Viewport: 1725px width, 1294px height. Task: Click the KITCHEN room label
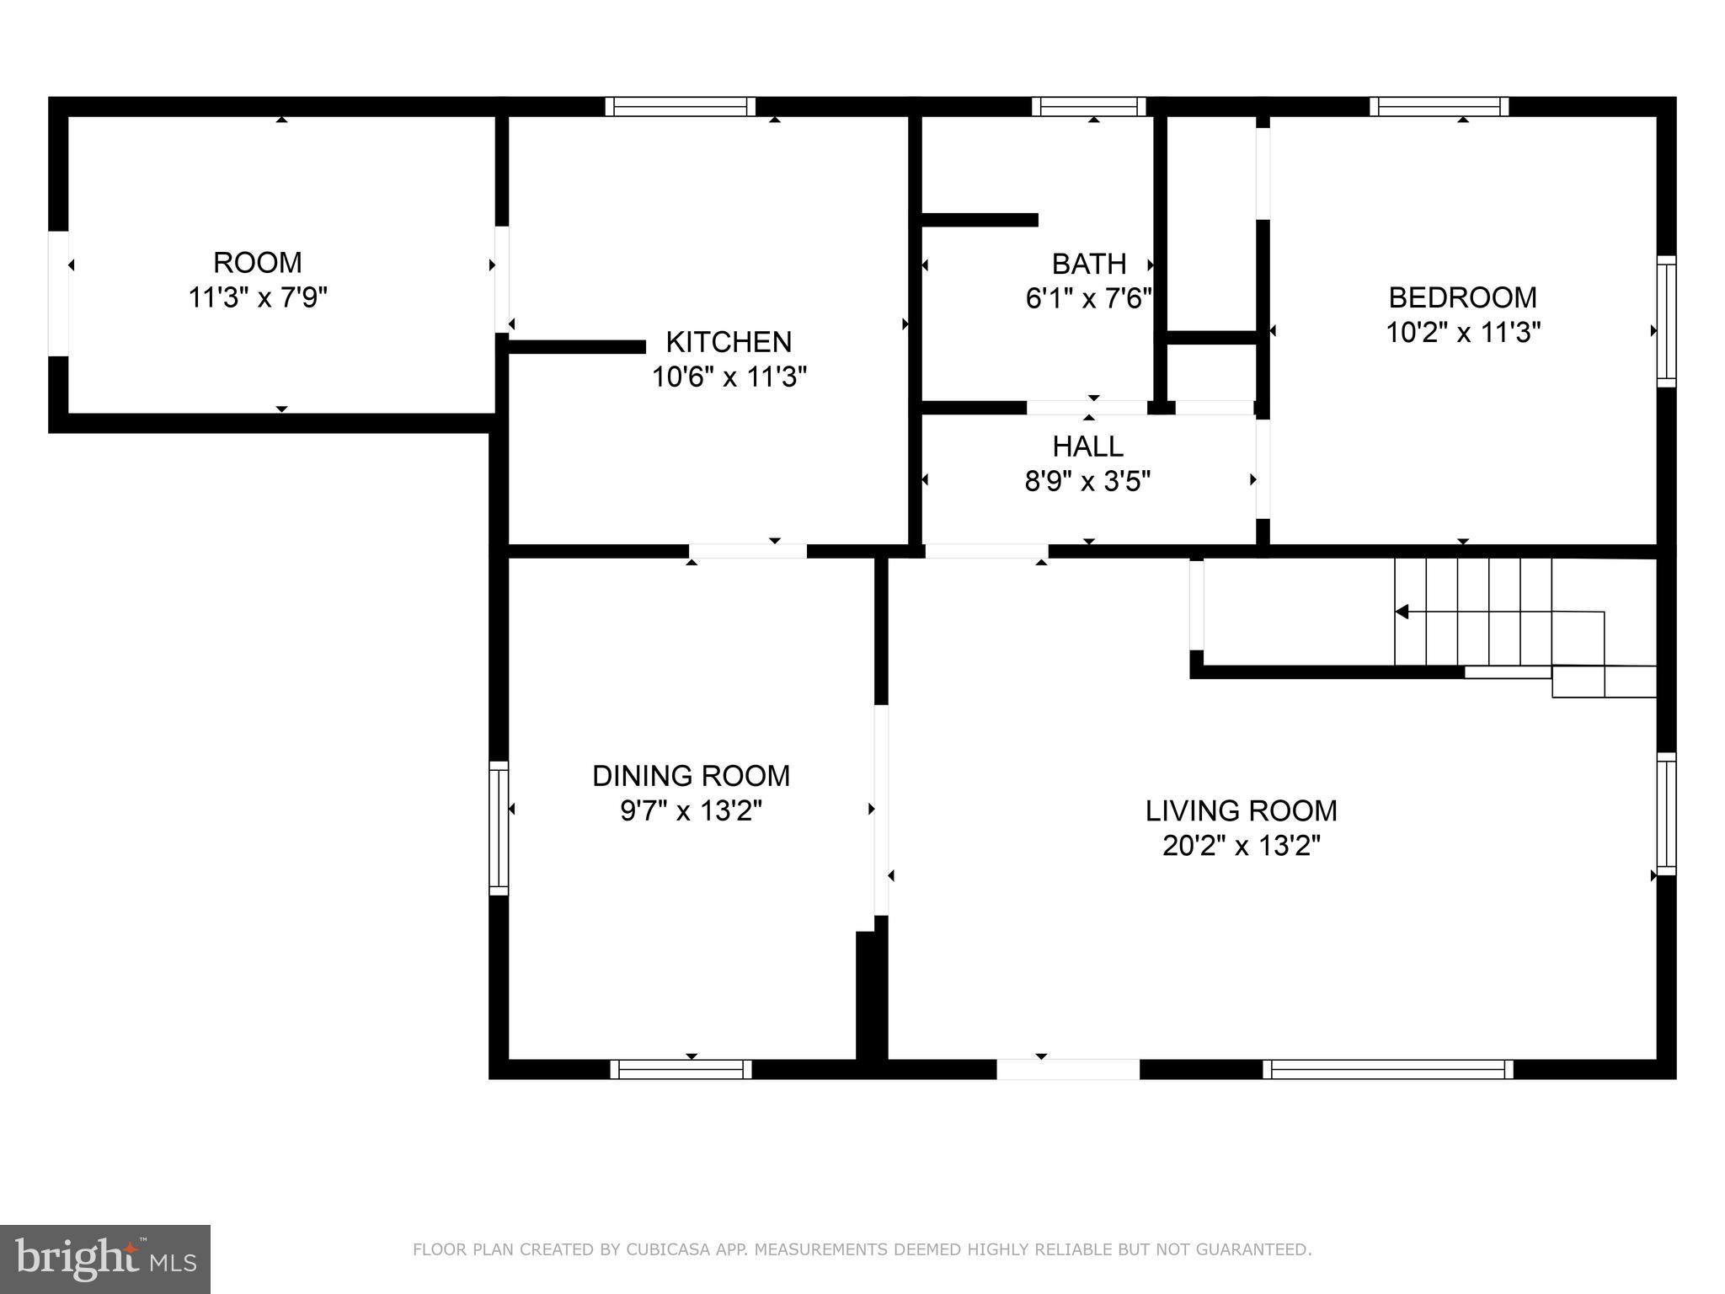click(x=729, y=342)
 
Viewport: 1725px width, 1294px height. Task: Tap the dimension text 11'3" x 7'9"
click(x=257, y=298)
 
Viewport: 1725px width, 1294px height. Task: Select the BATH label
click(x=1088, y=265)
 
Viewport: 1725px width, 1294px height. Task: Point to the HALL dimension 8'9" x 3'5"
click(x=1087, y=482)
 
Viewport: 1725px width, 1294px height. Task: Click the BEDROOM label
click(x=1462, y=297)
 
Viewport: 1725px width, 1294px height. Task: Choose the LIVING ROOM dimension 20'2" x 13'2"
click(x=1241, y=846)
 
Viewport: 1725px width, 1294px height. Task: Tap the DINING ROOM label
click(x=691, y=776)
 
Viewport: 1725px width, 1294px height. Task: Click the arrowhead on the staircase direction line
click(x=1402, y=612)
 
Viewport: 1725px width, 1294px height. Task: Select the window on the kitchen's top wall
click(x=680, y=107)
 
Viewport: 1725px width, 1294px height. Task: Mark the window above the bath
click(x=1088, y=107)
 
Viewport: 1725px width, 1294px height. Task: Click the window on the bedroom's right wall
click(x=1666, y=322)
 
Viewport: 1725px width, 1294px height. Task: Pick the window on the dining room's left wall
click(x=499, y=828)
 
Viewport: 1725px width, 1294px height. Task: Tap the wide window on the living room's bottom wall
click(x=1387, y=1069)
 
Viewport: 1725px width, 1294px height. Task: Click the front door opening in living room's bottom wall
click(x=1068, y=1069)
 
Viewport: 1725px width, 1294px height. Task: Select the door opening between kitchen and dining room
click(x=747, y=552)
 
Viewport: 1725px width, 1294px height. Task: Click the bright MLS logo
click(x=104, y=1259)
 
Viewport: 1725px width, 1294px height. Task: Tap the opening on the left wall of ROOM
click(x=58, y=292)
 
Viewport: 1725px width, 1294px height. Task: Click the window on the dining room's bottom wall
click(x=681, y=1069)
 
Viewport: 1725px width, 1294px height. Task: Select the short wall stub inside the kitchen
click(x=577, y=347)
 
